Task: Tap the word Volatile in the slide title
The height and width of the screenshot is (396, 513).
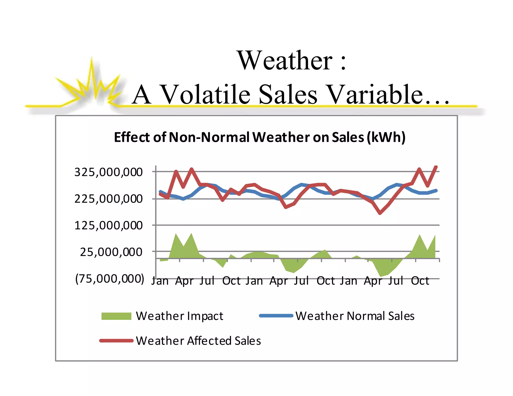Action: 205,95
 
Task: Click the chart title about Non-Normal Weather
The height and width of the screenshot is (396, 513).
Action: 260,137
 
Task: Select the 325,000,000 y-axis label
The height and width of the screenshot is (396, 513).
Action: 108,172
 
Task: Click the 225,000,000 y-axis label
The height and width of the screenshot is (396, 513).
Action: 108,199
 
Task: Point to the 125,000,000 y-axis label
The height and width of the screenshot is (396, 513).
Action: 108,226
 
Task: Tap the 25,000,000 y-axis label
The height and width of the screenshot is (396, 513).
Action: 111,252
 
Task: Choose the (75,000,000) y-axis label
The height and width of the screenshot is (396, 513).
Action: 110,279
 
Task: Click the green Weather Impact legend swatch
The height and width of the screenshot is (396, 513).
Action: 116,316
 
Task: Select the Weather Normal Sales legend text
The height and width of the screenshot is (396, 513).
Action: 355,316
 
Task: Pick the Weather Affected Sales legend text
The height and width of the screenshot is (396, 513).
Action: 198,341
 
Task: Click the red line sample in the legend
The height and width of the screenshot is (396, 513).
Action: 116,341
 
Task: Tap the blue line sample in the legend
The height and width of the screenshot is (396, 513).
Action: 276,316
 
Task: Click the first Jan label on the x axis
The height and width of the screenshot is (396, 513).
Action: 160,281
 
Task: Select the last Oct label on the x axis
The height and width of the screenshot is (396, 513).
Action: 420,281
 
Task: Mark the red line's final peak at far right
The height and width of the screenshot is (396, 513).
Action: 436,167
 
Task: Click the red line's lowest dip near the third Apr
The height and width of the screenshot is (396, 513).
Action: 380,213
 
